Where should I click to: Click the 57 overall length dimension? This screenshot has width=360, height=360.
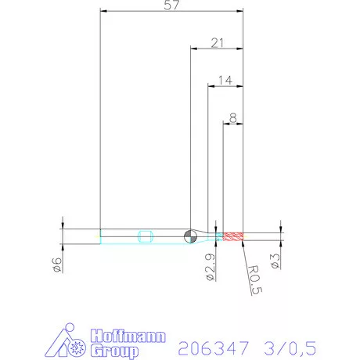click(x=172, y=6)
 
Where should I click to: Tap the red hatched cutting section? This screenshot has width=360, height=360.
click(x=234, y=236)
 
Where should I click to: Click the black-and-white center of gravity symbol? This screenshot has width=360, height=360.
click(x=191, y=236)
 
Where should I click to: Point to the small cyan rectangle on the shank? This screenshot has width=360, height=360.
click(x=144, y=236)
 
